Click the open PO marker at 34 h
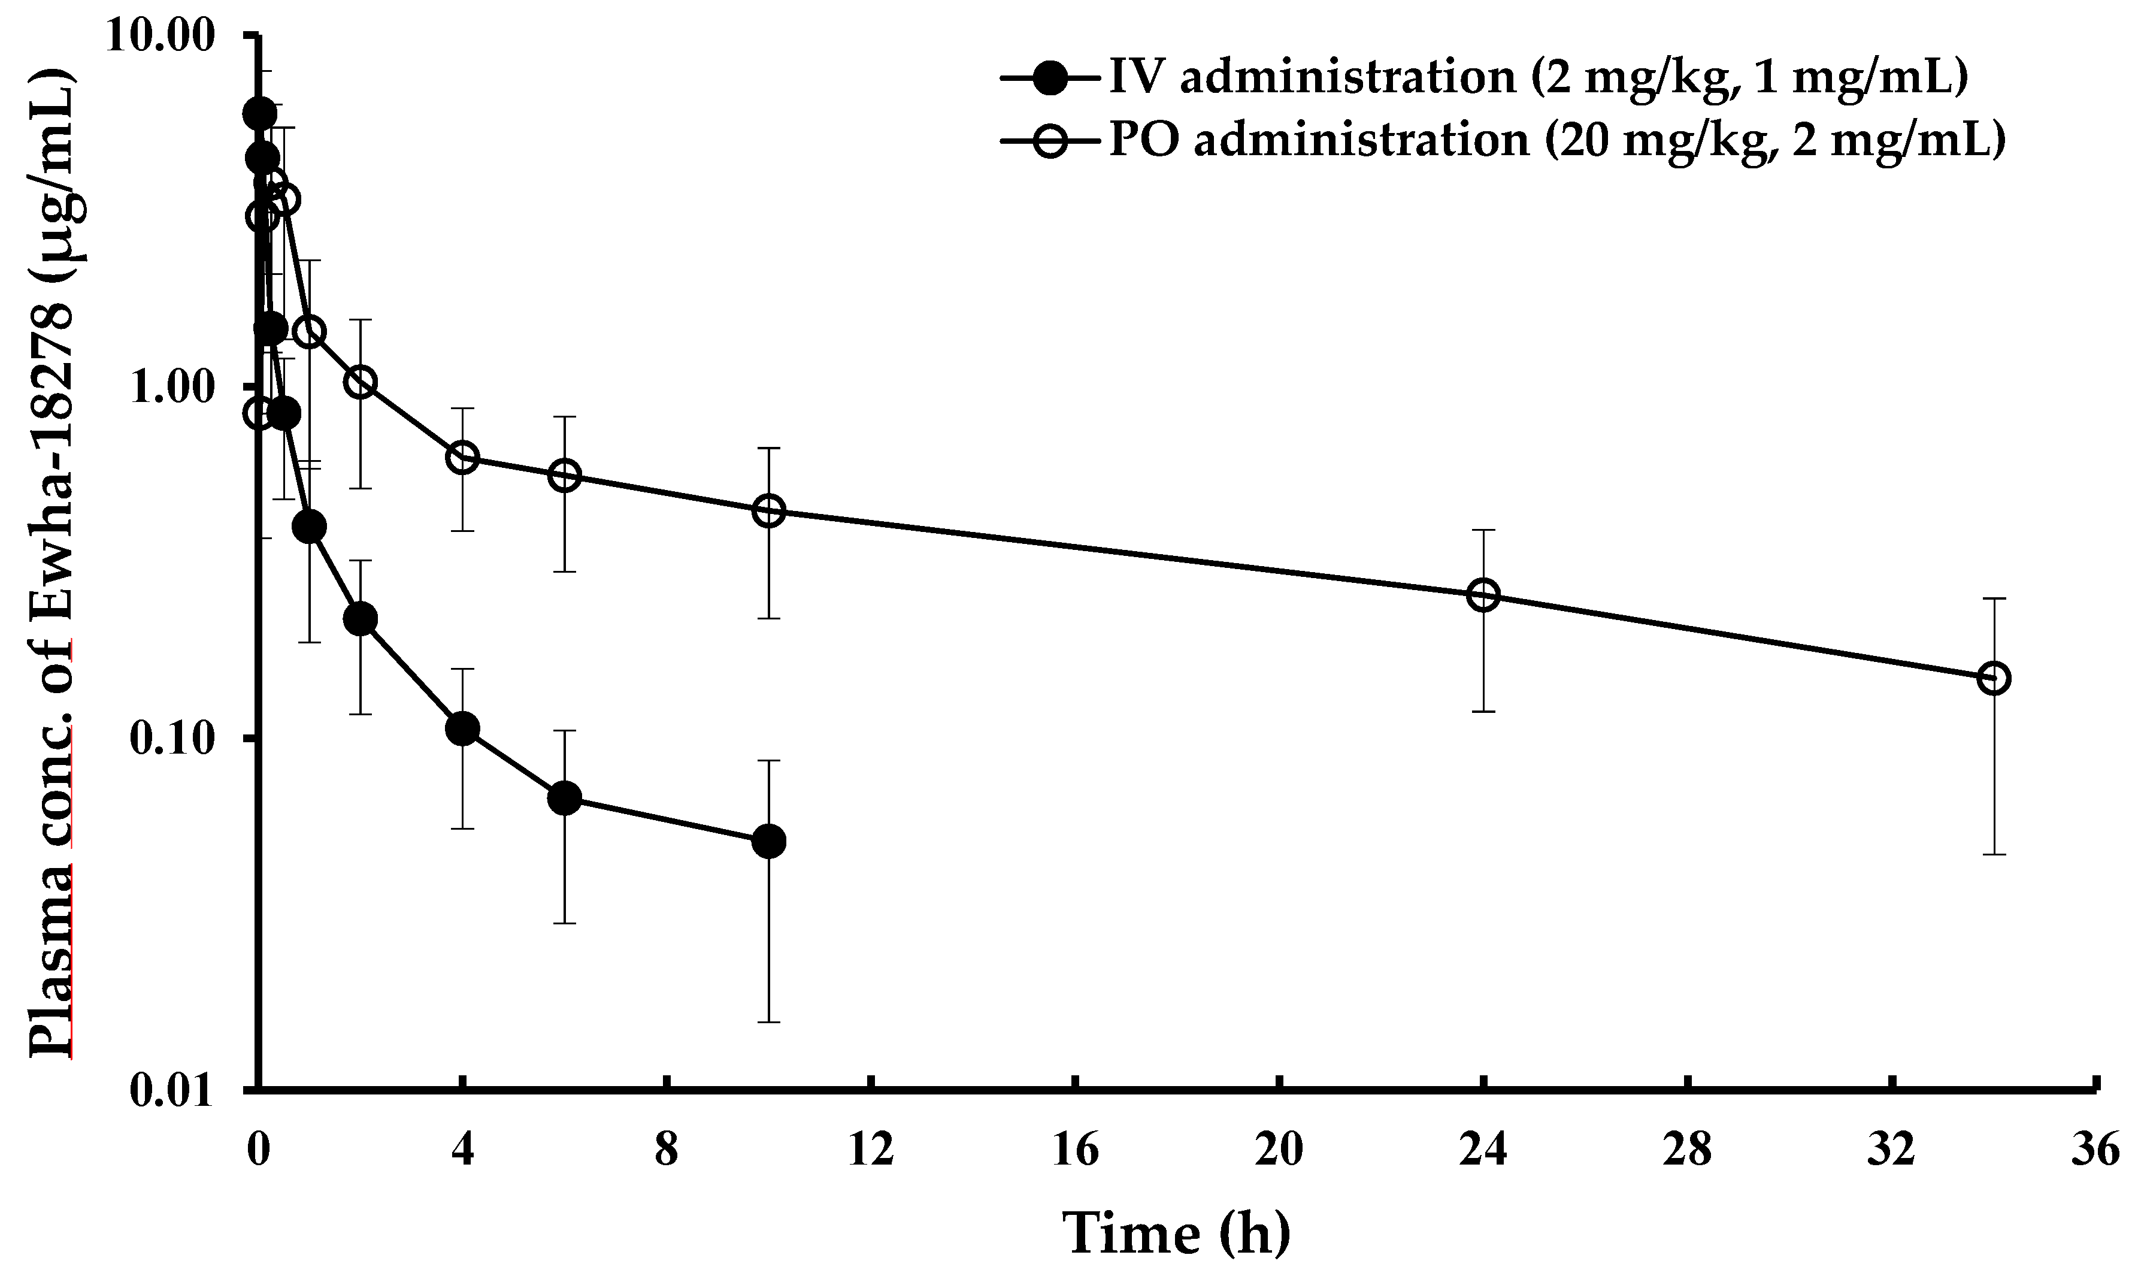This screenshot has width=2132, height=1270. [x=1994, y=679]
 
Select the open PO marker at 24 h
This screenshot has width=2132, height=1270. [x=1483, y=595]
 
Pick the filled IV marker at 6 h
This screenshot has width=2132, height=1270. [x=564, y=799]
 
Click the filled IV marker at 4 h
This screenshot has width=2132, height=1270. [x=462, y=729]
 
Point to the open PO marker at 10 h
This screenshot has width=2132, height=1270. [x=768, y=511]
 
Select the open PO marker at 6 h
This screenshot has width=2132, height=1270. [x=564, y=475]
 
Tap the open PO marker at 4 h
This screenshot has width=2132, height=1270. [x=462, y=458]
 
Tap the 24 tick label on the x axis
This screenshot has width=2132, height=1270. [x=1483, y=1152]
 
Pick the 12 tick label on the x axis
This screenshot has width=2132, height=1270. [x=871, y=1152]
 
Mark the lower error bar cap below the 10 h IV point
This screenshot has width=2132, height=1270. [x=768, y=1022]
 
